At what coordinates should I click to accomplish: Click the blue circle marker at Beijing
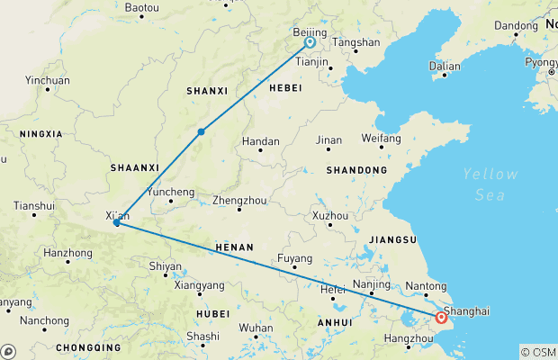[309, 42]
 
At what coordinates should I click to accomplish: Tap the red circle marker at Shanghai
[441, 317]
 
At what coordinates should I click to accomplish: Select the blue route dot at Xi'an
[117, 222]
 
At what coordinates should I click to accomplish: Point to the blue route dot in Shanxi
[202, 132]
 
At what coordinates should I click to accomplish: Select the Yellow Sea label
[490, 183]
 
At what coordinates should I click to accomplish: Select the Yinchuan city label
[48, 80]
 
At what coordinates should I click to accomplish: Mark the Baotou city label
[141, 7]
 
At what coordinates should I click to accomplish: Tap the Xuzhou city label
[329, 216]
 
